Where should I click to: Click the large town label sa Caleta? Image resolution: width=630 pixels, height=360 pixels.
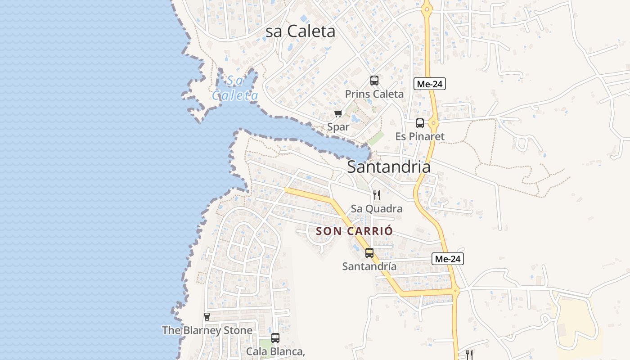300,31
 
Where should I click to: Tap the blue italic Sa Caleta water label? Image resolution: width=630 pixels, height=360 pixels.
235,88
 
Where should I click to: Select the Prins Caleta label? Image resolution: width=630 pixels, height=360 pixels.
374,94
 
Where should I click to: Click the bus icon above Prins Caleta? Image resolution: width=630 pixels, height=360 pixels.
374,81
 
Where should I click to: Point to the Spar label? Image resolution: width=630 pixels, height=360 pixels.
338,127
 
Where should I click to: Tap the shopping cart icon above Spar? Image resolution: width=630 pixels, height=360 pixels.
338,113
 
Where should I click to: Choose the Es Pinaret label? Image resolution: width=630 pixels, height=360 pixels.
419,136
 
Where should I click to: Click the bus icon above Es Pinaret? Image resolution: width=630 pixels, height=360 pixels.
419,123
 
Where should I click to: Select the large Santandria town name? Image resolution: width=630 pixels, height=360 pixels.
388,167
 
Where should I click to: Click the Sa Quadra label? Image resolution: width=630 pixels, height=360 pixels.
376,209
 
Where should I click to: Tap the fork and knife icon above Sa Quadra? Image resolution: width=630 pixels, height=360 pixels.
376,195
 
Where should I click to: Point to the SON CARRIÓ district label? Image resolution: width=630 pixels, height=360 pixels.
354,231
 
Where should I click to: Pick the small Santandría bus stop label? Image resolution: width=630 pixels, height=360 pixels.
369,266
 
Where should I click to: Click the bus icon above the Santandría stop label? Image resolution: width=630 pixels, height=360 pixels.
369,253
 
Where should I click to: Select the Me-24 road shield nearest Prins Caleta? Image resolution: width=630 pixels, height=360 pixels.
429,84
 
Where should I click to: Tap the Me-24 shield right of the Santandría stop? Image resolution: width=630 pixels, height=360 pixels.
447,259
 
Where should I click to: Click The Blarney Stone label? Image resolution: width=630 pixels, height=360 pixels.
207,330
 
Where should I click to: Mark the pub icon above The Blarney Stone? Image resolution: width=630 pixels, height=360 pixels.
207,317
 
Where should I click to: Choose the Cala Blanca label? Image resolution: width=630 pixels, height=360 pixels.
275,351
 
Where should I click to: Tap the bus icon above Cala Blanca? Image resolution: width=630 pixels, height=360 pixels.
275,337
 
